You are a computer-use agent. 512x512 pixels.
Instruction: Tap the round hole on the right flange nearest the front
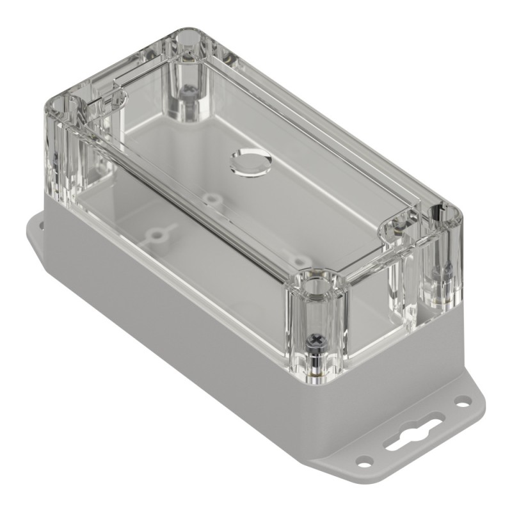[x=365, y=460]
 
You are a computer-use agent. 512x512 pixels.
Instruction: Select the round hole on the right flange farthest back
[x=462, y=401]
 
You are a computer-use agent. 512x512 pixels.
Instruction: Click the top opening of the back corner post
[x=186, y=39]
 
